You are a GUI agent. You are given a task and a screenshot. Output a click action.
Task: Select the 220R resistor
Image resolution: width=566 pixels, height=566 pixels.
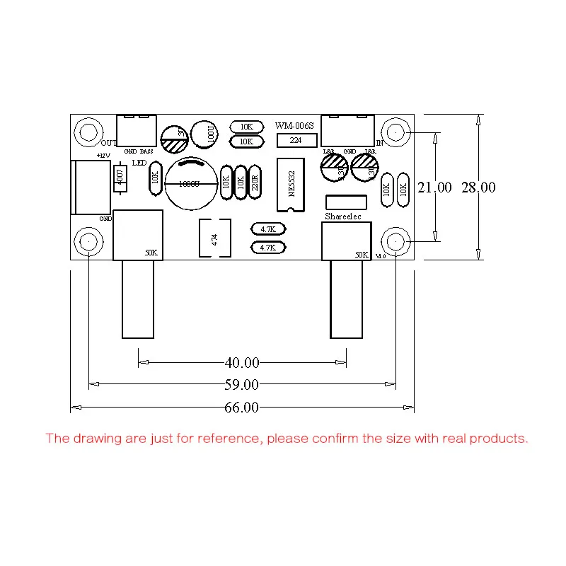pyautogui.click(x=255, y=183)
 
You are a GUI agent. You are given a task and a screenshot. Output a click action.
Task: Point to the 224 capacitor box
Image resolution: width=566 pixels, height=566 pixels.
pyautogui.click(x=296, y=141)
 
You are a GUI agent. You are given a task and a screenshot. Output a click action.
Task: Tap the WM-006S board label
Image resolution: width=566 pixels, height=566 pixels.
pyautogui.click(x=294, y=126)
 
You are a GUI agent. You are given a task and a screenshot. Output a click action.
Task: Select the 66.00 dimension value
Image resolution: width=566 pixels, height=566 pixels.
pyautogui.click(x=242, y=408)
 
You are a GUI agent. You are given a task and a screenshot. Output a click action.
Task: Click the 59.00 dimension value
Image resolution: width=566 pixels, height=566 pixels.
pyautogui.click(x=242, y=385)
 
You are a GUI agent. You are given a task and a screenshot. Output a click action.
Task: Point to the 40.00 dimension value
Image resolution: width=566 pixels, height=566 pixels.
pyautogui.click(x=242, y=363)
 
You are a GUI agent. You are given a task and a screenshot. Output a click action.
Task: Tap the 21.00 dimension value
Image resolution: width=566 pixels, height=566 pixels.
pyautogui.click(x=434, y=187)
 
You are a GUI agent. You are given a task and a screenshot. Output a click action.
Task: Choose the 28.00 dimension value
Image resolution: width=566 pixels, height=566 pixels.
pyautogui.click(x=479, y=187)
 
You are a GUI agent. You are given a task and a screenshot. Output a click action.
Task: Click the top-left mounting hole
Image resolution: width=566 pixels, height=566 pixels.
pyautogui.click(x=88, y=132)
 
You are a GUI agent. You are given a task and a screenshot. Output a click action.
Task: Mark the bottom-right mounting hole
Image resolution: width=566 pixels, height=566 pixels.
pyautogui.click(x=395, y=242)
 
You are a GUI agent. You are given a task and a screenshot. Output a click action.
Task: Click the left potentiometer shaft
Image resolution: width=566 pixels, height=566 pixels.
pyautogui.click(x=138, y=300)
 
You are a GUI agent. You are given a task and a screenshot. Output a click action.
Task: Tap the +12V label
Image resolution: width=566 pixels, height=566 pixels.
pyautogui.click(x=103, y=155)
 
